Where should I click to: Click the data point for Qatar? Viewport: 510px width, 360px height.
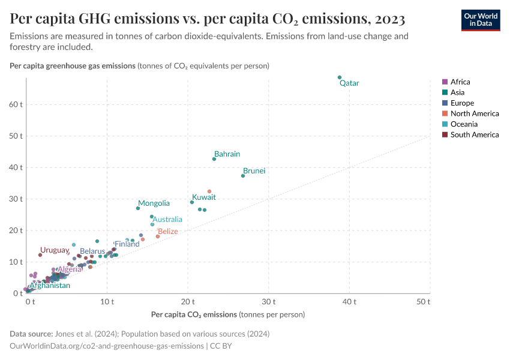point(340,77)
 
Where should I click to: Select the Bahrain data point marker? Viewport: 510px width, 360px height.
point(214,159)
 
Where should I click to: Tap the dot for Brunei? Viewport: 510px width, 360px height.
point(243,176)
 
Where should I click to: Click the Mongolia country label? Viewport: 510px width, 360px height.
point(154,203)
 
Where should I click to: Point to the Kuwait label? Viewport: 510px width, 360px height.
point(204,197)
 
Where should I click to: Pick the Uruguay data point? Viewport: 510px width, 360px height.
point(40,255)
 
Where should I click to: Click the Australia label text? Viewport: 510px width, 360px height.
point(167,220)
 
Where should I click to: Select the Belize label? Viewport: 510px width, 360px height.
point(168,232)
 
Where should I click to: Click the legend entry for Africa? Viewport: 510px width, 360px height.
point(460,82)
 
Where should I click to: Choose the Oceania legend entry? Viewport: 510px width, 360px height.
point(463,124)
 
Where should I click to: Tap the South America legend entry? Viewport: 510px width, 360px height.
point(474,134)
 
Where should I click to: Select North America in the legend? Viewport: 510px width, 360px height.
point(474,113)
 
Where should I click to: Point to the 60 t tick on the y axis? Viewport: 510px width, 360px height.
point(16,104)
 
